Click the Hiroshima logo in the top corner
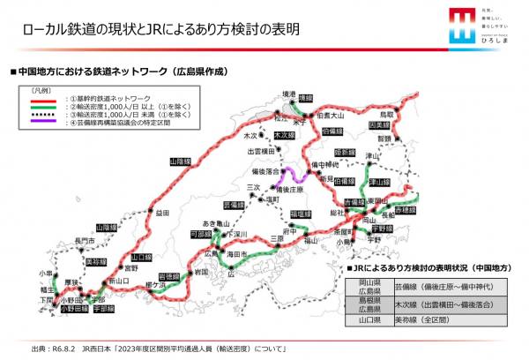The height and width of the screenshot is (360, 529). coord(481,26)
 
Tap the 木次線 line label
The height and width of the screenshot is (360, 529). coord(283,136)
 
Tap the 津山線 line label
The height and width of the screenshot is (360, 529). coord(379,183)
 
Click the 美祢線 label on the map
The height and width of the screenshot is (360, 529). coord(97,262)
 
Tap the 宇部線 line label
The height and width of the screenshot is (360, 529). coord(103,309)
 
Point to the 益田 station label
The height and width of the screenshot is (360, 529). coord(161,213)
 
